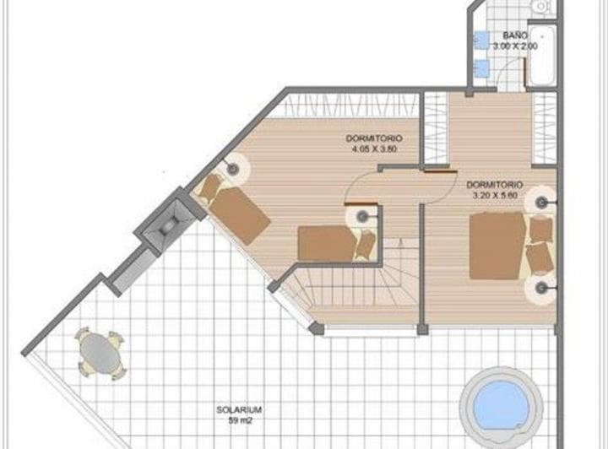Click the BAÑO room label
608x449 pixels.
coord(515,35)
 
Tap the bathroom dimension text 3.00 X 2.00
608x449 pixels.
coord(515,46)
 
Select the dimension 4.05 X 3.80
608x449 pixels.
coord(374,149)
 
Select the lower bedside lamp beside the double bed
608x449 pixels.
coord(540,289)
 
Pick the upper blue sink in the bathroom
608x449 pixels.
coord(479,40)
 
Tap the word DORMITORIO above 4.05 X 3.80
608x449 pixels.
coord(374,138)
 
